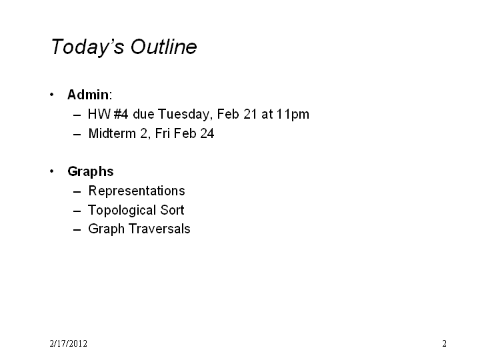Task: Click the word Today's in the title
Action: coord(87,47)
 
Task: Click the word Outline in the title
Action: coord(164,47)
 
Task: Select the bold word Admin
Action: coord(88,95)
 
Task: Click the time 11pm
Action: coord(293,115)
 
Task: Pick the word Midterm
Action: coord(112,133)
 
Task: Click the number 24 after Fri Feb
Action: coord(207,133)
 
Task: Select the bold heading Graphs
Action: coord(91,172)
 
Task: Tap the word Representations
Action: coord(137,191)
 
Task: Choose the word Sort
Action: coord(172,210)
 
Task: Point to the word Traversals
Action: coord(159,229)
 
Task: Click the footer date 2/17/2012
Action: coord(68,343)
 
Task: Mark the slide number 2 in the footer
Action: coord(444,343)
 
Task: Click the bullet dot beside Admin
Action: coord(51,95)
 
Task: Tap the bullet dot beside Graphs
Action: coord(51,171)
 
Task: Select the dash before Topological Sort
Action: coord(77,211)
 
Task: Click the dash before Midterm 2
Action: coord(77,135)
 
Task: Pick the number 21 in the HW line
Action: coord(250,114)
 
